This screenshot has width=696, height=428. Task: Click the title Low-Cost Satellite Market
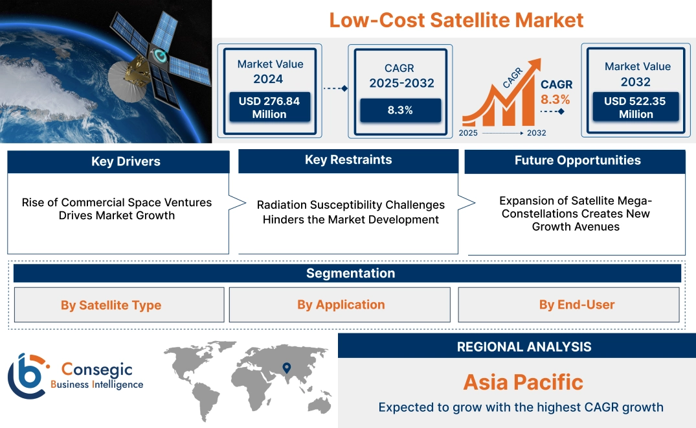(x=456, y=19)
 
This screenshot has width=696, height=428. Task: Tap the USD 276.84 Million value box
(x=269, y=108)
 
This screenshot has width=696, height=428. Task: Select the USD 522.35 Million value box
(x=635, y=108)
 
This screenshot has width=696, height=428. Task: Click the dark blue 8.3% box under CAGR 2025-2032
(x=400, y=110)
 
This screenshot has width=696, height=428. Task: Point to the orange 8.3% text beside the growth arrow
(x=556, y=99)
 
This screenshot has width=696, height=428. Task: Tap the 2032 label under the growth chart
(x=536, y=133)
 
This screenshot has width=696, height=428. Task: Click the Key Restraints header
(x=348, y=160)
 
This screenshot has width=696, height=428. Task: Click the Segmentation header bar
(x=350, y=273)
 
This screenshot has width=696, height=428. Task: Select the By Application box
(x=341, y=305)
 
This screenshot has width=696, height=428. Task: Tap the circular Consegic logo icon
(x=27, y=377)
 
